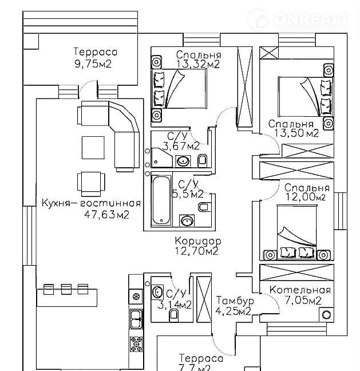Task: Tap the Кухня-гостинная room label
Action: click(x=91, y=203)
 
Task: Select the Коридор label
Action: click(x=197, y=239)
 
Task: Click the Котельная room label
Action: click(x=300, y=289)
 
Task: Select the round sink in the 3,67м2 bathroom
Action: click(x=184, y=161)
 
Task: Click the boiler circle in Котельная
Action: click(x=326, y=314)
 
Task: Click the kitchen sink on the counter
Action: click(x=136, y=318)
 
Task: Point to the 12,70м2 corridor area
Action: click(x=197, y=250)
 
